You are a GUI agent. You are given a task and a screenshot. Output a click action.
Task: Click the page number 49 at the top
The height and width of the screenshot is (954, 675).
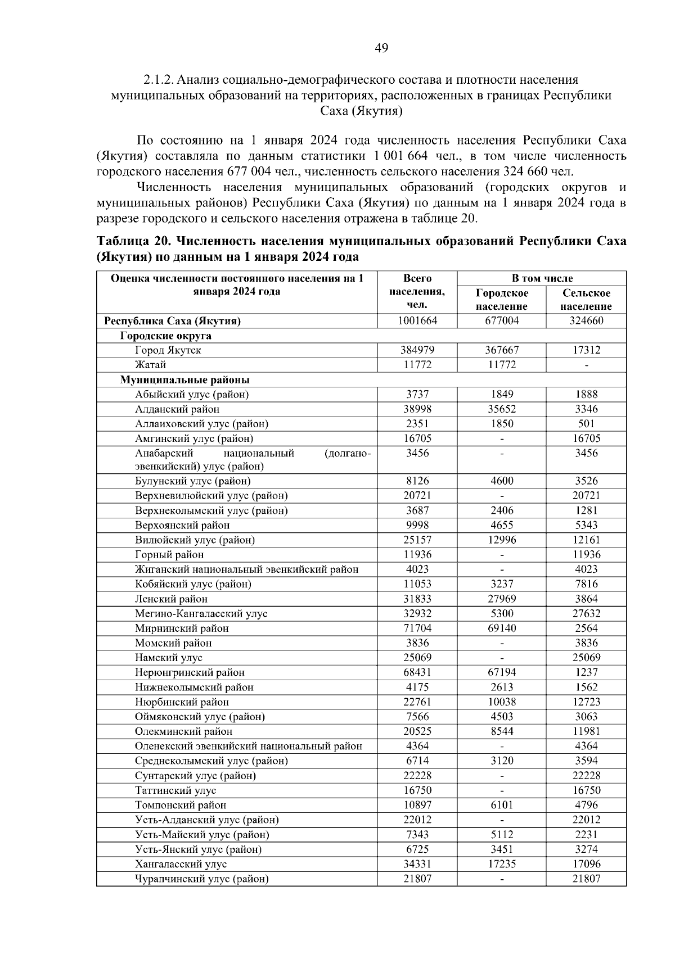point(381,48)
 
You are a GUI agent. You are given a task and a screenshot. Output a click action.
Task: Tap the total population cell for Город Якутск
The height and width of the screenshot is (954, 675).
point(417,350)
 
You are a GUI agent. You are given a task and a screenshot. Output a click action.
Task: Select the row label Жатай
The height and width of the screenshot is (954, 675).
point(150,365)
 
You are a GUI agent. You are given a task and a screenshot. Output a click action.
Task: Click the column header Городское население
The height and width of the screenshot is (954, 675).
point(501,300)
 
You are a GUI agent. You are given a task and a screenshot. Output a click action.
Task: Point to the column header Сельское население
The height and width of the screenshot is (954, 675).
point(586,300)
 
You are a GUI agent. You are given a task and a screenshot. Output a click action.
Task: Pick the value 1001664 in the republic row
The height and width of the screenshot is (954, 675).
point(417,321)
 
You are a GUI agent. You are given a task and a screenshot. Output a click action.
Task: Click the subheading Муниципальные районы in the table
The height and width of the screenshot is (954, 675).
point(185,379)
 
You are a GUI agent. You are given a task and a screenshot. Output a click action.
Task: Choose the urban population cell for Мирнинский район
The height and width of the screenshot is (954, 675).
point(501,629)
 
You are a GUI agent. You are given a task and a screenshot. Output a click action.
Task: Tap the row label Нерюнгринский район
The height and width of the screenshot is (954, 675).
point(190,672)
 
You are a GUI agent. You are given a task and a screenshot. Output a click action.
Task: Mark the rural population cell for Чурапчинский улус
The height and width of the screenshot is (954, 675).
point(586,879)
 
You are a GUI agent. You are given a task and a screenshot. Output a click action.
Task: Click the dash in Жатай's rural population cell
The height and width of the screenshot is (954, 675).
point(586,365)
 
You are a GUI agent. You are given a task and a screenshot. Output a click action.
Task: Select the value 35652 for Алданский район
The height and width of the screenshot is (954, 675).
point(501,409)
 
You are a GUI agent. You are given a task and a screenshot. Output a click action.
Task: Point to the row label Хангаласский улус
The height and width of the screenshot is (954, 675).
point(181,864)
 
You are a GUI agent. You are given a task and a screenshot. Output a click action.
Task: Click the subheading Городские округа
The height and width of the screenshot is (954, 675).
point(166,336)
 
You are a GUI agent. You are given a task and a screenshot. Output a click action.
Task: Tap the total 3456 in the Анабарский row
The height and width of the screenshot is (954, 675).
point(417,453)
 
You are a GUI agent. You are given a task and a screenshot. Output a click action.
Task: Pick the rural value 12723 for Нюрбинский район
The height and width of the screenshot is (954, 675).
point(586,702)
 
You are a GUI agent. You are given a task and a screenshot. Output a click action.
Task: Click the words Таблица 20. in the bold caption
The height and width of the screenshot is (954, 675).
point(133,242)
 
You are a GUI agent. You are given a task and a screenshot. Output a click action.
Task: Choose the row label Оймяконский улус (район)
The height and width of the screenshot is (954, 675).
point(200,717)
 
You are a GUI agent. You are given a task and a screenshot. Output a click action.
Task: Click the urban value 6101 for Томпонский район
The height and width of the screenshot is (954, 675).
point(501,805)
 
